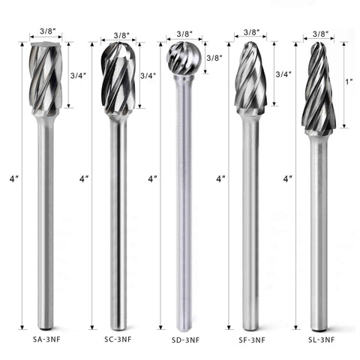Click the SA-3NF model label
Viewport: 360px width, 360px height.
click(x=46, y=339)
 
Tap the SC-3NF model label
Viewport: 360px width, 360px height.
click(x=118, y=339)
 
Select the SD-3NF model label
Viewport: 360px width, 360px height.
click(x=185, y=340)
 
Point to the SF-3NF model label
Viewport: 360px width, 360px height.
click(x=252, y=340)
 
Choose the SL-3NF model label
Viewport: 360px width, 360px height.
click(x=321, y=340)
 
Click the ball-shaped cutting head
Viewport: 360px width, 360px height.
click(x=184, y=58)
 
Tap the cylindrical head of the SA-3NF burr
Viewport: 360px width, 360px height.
click(x=46, y=78)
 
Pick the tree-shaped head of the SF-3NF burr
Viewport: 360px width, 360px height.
click(x=250, y=77)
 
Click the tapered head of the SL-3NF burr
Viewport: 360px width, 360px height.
click(x=319, y=88)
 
